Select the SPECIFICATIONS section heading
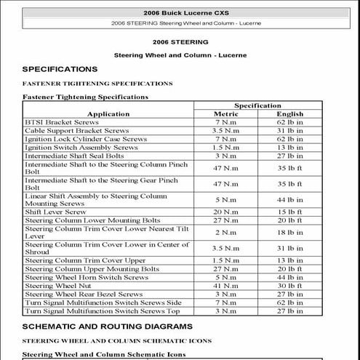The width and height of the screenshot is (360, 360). (x=60, y=69)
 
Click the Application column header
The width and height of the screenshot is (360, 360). (x=108, y=114)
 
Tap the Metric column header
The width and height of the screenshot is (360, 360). (x=225, y=114)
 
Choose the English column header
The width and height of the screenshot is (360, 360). (x=289, y=114)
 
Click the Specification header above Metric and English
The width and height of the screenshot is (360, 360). (x=257, y=105)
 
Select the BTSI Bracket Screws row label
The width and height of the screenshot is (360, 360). (x=61, y=122)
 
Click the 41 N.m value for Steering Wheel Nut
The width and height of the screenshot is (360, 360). (x=225, y=286)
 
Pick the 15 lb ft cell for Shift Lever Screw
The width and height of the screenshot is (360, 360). (x=289, y=212)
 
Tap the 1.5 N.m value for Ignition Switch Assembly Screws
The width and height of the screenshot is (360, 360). (x=225, y=147)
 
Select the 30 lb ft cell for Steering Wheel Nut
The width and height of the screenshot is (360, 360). (x=289, y=286)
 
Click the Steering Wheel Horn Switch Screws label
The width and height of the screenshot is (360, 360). (x=86, y=277)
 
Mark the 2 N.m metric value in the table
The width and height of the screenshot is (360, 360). (x=225, y=232)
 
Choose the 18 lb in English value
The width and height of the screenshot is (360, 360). (x=289, y=232)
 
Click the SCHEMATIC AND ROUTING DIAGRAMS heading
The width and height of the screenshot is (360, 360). (x=107, y=326)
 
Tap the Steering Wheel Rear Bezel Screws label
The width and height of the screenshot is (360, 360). (x=84, y=294)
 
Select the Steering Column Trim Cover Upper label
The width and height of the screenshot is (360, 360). (x=85, y=260)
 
